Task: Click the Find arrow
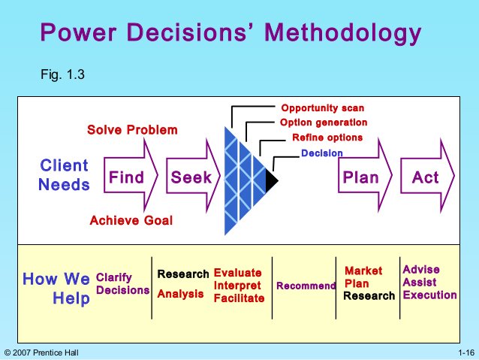click(x=129, y=178)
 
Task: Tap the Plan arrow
click(x=363, y=178)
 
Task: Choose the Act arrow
click(x=427, y=178)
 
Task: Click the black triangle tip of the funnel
click(x=271, y=180)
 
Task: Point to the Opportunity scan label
click(x=322, y=108)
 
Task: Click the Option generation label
click(x=324, y=123)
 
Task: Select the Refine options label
click(x=327, y=138)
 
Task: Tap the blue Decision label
click(x=321, y=153)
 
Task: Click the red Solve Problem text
click(x=133, y=130)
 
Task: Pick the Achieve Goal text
click(x=131, y=220)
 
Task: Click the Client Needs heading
click(x=64, y=174)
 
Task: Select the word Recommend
click(x=306, y=286)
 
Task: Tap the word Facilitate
click(x=239, y=298)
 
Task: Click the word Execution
click(x=429, y=295)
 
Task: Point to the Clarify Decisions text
click(x=122, y=284)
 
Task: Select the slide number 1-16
click(x=465, y=352)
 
